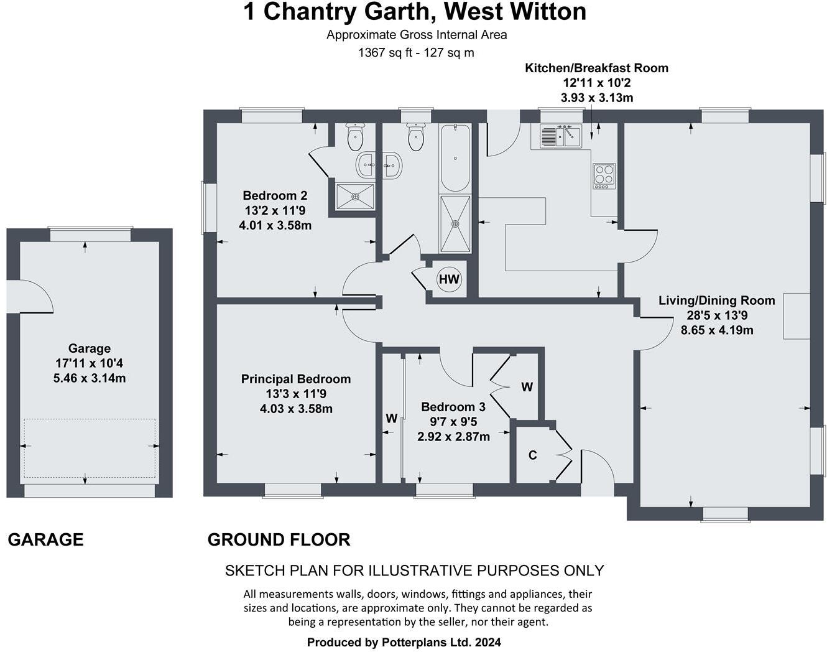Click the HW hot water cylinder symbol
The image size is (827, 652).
point(449,279)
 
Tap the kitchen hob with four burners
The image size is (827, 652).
point(604,176)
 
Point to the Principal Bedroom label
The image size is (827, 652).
point(296,379)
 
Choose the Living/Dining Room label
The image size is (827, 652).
point(716,300)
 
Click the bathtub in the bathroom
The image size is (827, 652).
point(455,157)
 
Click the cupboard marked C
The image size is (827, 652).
point(533,455)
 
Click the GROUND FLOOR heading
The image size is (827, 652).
point(279,539)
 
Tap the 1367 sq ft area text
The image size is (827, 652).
point(382,53)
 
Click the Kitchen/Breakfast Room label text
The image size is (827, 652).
point(596,68)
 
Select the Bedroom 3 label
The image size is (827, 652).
point(453,407)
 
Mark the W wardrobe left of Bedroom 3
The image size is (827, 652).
point(391,419)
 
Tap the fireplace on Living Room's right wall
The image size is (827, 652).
point(797,315)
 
